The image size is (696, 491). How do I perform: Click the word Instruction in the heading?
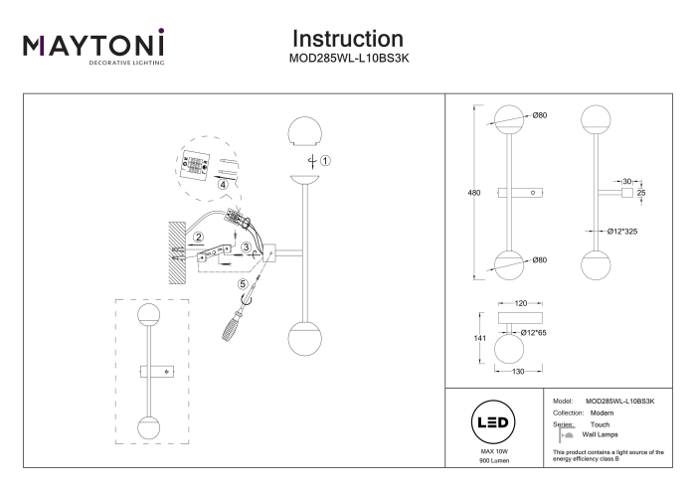click(348, 39)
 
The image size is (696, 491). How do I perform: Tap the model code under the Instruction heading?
click(349, 59)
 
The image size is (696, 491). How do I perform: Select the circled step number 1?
click(325, 161)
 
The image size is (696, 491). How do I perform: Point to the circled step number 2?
click(199, 238)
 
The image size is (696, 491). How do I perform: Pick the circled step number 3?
click(246, 247)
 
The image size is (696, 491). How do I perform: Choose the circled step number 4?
click(223, 184)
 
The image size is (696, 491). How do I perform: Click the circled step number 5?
click(243, 284)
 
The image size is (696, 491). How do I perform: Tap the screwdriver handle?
click(232, 327)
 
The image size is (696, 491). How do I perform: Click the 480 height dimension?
click(474, 193)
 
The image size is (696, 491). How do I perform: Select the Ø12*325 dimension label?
click(622, 232)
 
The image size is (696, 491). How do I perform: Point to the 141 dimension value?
click(480, 338)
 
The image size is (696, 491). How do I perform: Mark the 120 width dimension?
click(521, 303)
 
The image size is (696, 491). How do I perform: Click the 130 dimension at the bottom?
click(518, 372)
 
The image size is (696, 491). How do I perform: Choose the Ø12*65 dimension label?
click(534, 333)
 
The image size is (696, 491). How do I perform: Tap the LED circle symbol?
click(493, 422)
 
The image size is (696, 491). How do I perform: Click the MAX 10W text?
click(494, 451)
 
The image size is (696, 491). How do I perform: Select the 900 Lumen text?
click(494, 461)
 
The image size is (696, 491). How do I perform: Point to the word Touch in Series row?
click(601, 424)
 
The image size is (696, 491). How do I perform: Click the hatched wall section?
click(177, 252)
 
